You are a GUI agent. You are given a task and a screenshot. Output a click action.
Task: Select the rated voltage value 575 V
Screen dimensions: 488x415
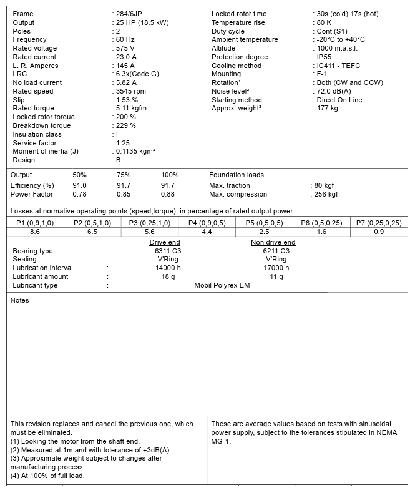point(125,48)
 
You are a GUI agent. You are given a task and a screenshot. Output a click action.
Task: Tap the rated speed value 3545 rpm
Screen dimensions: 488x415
point(132,91)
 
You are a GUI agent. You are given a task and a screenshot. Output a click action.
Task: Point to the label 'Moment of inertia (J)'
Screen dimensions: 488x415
point(46,151)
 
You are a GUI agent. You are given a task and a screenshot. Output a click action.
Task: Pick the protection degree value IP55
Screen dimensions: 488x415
point(324,57)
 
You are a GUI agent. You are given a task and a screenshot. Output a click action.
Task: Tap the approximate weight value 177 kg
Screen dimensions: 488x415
point(328,109)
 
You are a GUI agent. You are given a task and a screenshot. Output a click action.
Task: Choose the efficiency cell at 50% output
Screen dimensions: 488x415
point(80,185)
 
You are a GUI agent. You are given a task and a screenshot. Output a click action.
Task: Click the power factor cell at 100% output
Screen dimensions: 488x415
point(168,194)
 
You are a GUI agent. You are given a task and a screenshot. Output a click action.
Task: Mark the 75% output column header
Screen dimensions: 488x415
point(124,175)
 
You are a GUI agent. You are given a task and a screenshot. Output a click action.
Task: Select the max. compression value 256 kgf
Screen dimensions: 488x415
point(326,194)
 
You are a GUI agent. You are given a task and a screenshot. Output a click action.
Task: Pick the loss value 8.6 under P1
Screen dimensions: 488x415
point(35,232)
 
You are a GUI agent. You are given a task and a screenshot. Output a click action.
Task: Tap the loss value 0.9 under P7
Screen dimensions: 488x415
point(379,232)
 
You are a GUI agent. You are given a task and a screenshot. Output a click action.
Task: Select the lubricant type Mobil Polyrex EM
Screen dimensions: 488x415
point(222,285)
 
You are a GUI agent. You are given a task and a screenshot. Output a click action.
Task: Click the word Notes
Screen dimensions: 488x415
point(20,300)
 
